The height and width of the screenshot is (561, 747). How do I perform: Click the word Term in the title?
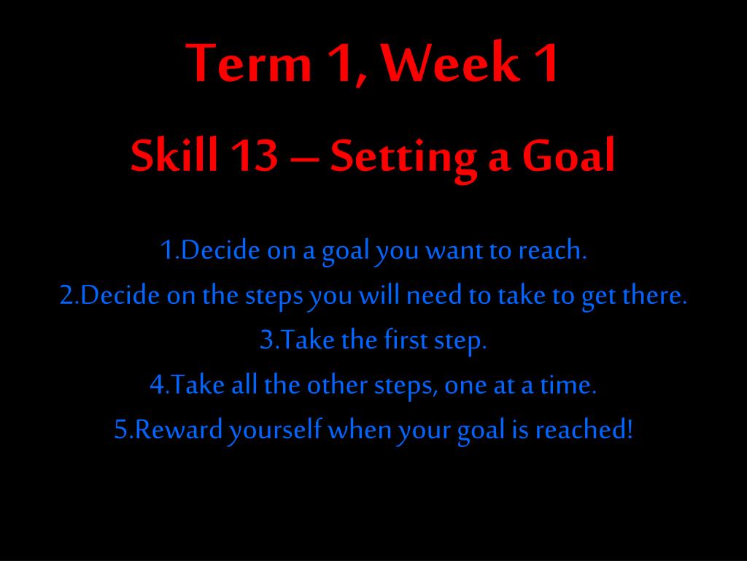pyautogui.click(x=249, y=63)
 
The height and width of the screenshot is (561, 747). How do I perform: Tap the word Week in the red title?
pyautogui.click(x=451, y=63)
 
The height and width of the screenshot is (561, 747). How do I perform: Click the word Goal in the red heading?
pyautogui.click(x=568, y=155)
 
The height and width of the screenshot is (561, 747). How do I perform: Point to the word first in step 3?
pyautogui.click(x=406, y=340)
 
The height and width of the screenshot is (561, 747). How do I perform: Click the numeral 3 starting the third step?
pyautogui.click(x=266, y=340)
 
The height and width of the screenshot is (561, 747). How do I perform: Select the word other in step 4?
pyautogui.click(x=337, y=385)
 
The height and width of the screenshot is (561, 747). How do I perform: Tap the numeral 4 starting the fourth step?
pyautogui.click(x=157, y=386)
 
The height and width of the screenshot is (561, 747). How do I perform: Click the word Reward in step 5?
pyautogui.click(x=179, y=430)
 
